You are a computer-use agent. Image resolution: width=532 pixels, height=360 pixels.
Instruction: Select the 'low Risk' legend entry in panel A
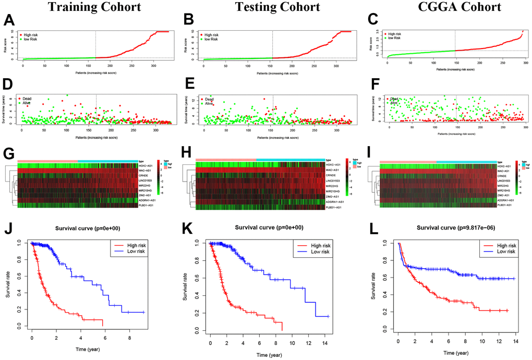pos(33,39)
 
